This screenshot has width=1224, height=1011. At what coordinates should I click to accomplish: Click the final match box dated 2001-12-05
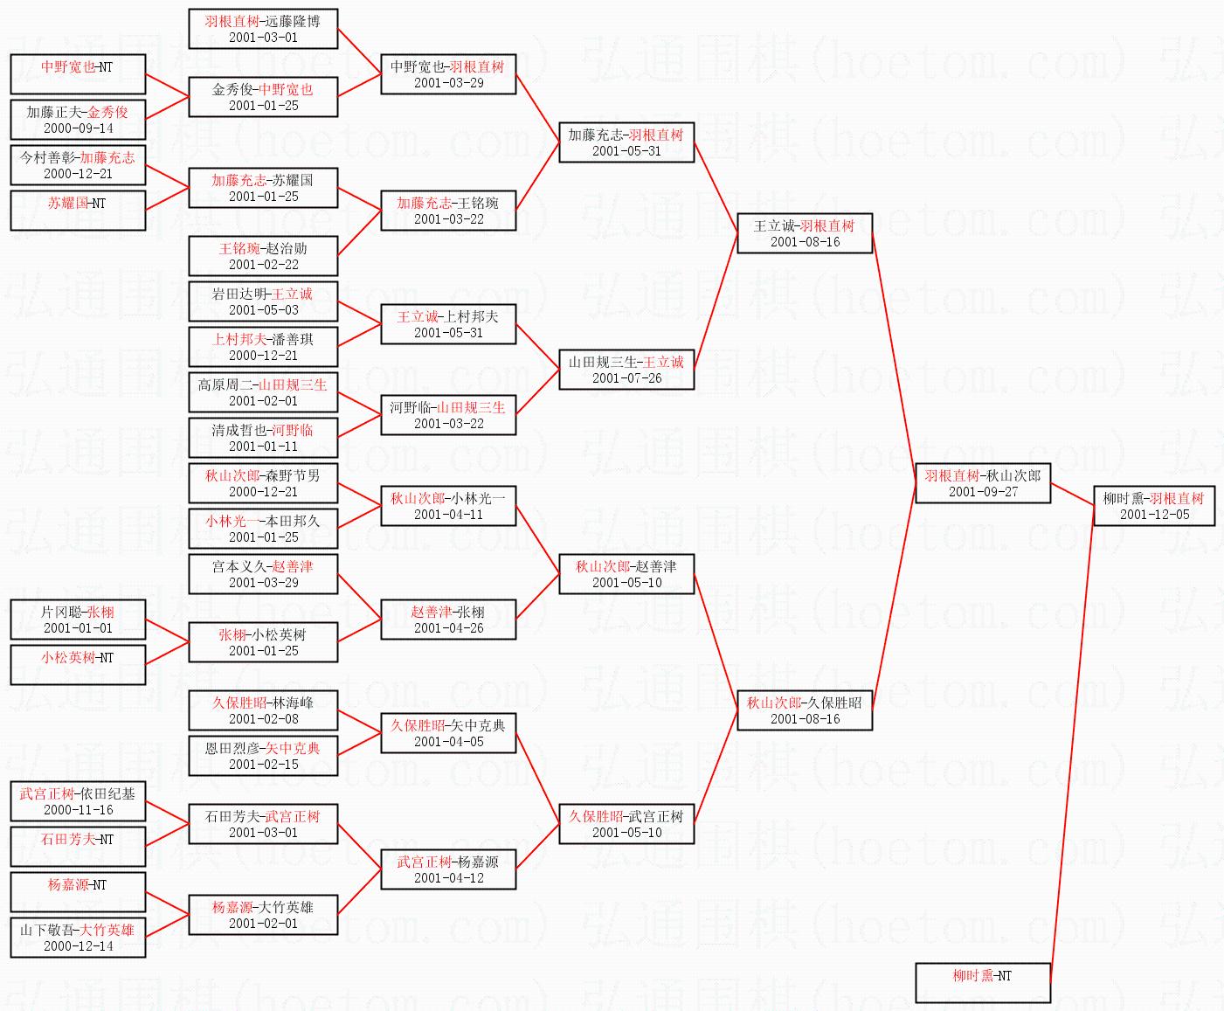click(1153, 506)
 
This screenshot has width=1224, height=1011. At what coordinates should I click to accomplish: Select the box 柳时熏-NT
click(982, 983)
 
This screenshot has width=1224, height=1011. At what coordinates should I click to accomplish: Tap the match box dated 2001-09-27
click(982, 483)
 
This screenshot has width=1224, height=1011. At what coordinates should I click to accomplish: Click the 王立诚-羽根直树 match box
click(804, 233)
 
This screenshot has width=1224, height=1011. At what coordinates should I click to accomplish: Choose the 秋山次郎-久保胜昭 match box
click(804, 710)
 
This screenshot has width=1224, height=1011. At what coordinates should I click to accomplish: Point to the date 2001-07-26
click(626, 378)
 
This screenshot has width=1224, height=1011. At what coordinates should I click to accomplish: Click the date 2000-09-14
click(78, 128)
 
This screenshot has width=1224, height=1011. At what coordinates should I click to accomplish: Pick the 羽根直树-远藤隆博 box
click(263, 29)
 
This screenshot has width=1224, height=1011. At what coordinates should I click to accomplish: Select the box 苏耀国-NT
click(78, 211)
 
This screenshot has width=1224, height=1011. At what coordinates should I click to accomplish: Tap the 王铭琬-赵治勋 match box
click(263, 256)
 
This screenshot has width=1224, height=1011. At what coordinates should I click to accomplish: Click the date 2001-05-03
click(263, 310)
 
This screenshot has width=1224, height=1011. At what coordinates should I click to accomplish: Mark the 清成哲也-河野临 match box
click(263, 438)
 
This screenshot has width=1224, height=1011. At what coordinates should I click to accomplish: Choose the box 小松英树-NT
click(78, 665)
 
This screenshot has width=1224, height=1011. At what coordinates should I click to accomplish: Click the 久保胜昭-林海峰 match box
click(263, 710)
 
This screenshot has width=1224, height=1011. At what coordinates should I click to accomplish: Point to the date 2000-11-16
click(78, 810)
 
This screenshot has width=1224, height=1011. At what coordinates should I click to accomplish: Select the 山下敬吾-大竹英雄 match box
click(78, 938)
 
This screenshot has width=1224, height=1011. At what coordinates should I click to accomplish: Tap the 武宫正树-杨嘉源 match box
click(448, 869)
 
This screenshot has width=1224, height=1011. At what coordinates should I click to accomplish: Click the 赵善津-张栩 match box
click(448, 620)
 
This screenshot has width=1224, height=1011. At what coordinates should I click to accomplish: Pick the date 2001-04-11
click(448, 515)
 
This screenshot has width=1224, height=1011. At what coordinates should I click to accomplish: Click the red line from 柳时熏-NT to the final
click(1071, 743)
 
